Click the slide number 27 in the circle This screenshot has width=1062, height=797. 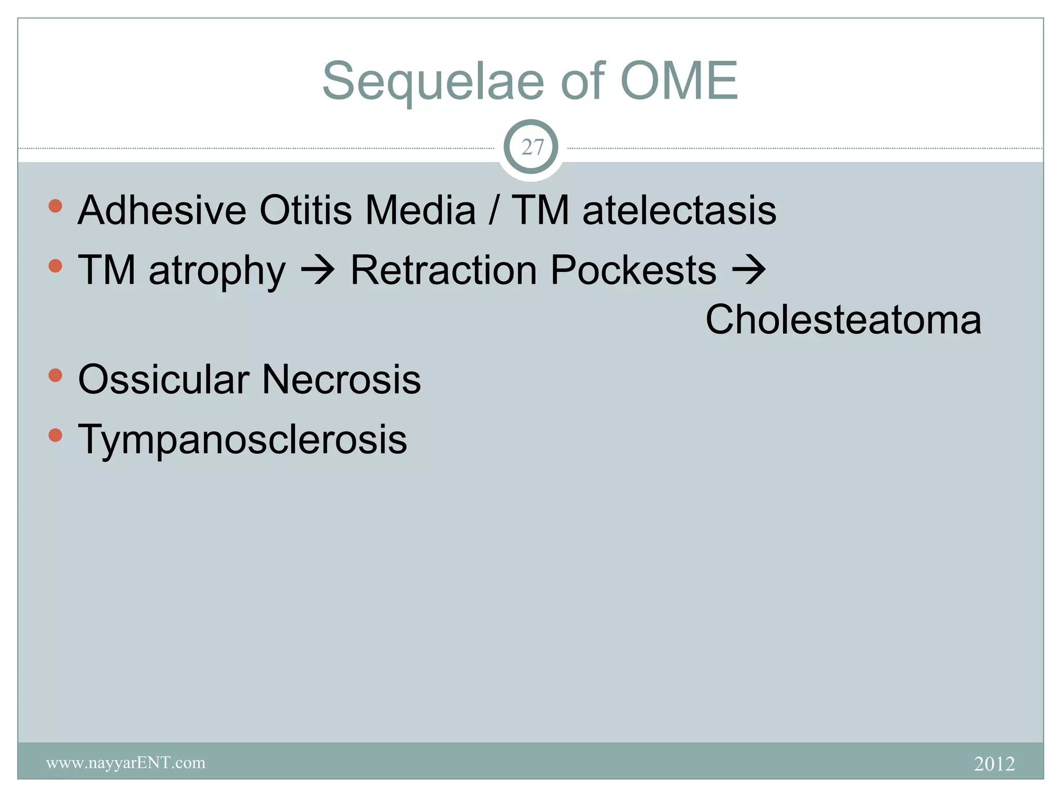[x=532, y=147]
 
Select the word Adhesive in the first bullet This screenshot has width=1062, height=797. [x=162, y=210]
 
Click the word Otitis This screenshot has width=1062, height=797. [x=305, y=210]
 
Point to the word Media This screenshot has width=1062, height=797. [x=420, y=210]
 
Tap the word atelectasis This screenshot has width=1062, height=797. [x=679, y=210]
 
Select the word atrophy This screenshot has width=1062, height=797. [x=217, y=271]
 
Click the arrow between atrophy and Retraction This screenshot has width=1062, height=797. [x=318, y=270]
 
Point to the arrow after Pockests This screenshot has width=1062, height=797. [x=748, y=270]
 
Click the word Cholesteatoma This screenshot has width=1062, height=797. [x=843, y=319]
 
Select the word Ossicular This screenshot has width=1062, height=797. [x=163, y=379]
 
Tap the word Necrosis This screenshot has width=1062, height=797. [x=341, y=379]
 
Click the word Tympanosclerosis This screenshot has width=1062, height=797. [x=242, y=439]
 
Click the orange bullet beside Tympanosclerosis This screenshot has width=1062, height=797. [x=55, y=435]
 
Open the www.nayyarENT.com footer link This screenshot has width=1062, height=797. [x=125, y=763]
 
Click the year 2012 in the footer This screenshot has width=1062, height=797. [x=994, y=764]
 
